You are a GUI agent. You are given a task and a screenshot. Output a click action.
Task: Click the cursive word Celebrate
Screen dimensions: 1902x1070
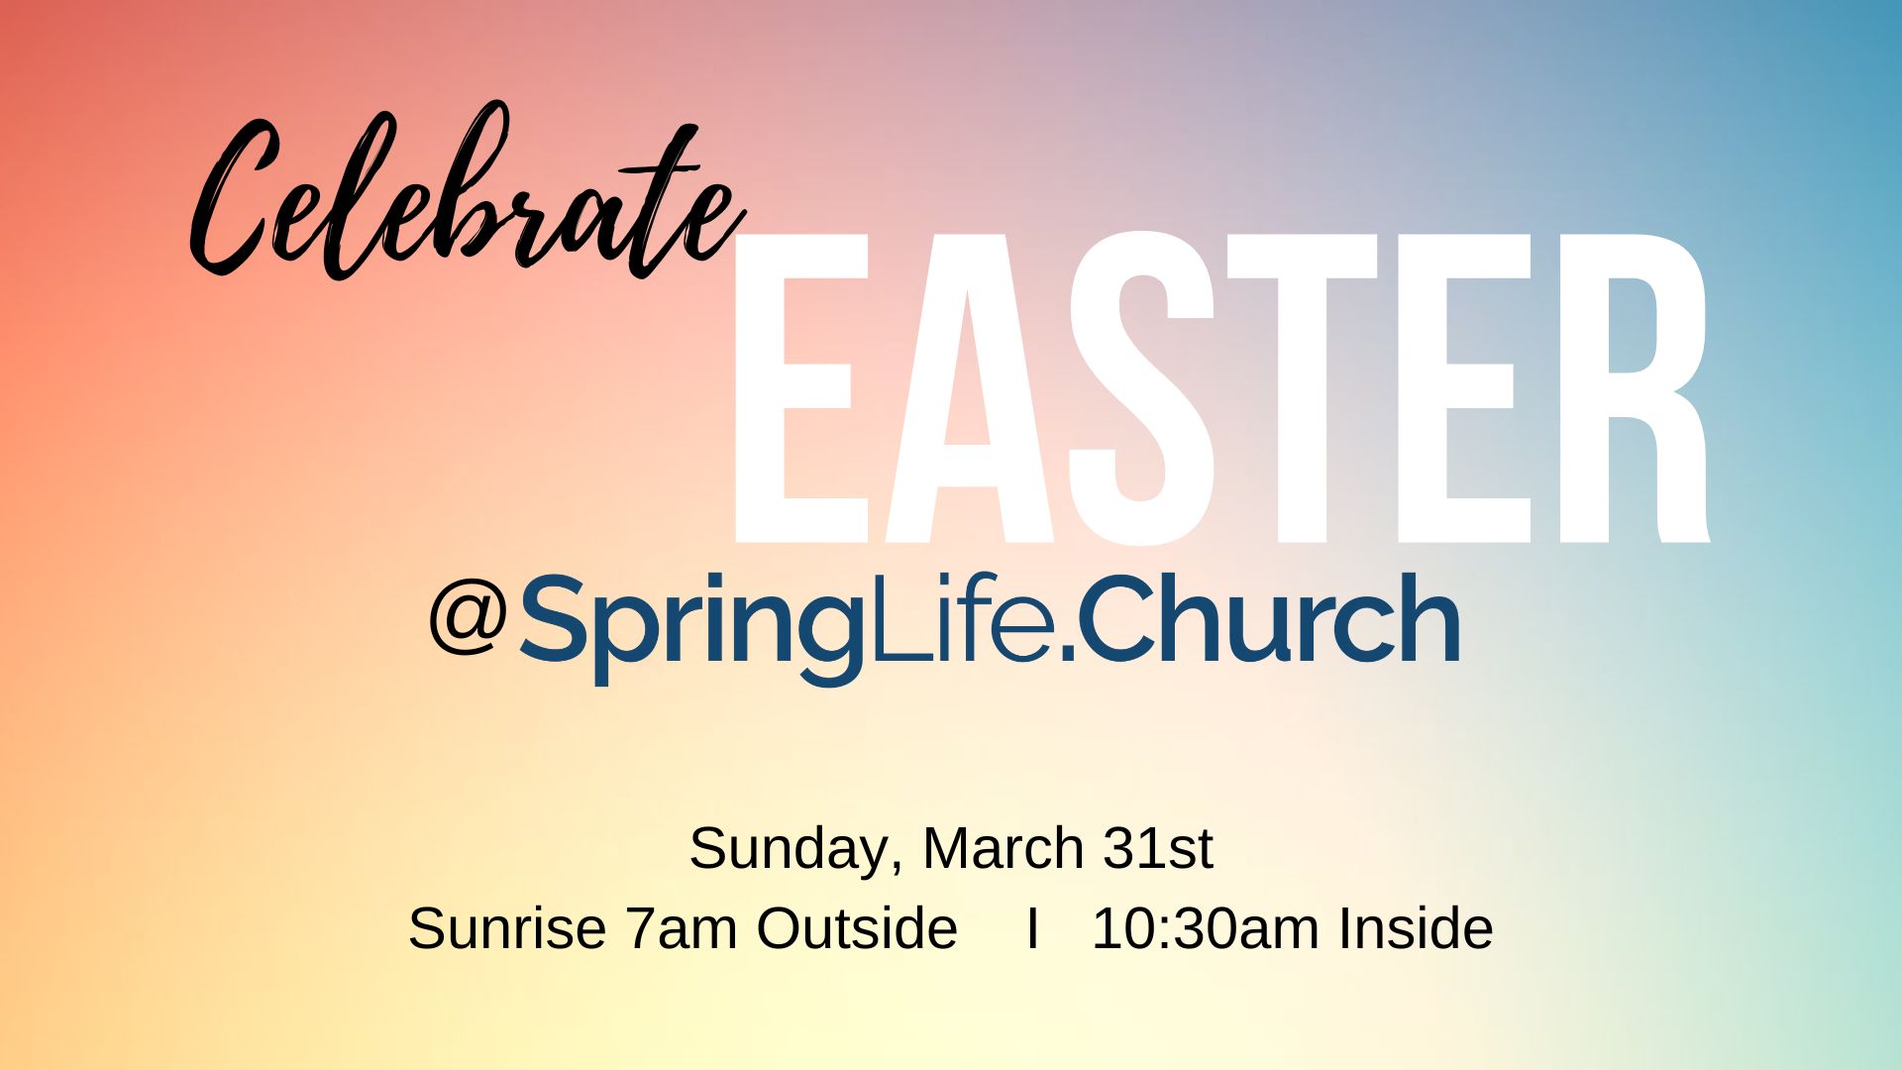tap(466, 193)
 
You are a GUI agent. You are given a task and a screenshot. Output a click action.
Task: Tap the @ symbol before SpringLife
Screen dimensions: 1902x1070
tap(469, 616)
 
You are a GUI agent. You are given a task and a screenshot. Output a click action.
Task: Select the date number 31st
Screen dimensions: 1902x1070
tap(1158, 848)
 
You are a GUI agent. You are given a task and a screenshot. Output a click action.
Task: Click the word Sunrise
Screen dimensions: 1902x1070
tap(507, 928)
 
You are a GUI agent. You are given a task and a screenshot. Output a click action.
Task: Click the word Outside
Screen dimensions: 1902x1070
tap(857, 928)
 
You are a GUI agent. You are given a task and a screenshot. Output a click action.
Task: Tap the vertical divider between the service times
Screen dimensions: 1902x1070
tap(1033, 928)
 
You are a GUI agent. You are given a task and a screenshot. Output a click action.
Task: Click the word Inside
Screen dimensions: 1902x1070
tap(1416, 928)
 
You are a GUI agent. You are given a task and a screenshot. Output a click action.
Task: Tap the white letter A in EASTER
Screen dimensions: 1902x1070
tap(968, 388)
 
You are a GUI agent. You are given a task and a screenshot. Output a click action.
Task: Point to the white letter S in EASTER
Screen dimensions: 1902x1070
tap(1141, 388)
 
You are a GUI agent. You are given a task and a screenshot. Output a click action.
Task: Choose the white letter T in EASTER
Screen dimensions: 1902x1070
tap(1303, 388)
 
